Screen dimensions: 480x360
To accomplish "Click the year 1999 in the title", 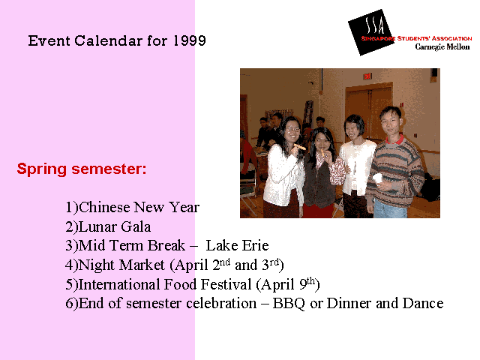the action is click(190, 40).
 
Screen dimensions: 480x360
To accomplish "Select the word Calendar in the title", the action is click(108, 40).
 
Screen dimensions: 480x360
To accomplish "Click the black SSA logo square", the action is click(371, 32).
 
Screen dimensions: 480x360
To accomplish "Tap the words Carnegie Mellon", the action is click(442, 46).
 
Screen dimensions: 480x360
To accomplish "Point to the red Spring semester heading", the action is click(82, 169).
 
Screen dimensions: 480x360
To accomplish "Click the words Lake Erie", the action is click(237, 245).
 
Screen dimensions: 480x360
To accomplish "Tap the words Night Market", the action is click(121, 265).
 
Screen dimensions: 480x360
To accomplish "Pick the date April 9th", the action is click(288, 283).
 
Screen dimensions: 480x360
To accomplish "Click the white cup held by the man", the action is click(378, 178).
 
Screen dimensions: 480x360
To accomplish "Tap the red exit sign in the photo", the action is click(367, 76).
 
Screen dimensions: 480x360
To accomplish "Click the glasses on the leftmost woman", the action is click(292, 129).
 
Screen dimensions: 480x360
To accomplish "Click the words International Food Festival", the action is click(165, 284).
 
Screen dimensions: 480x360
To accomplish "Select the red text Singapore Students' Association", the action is click(416, 38).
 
